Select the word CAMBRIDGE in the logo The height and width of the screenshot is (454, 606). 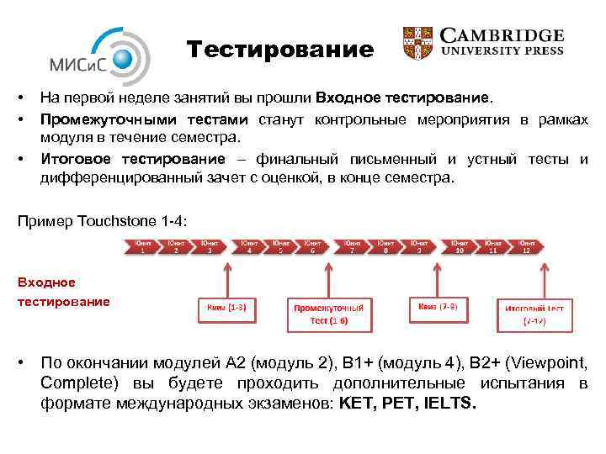point(503,36)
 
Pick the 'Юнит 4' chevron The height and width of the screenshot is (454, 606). point(249,246)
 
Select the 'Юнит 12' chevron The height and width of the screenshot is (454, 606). point(525,246)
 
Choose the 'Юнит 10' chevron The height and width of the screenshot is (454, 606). point(458,246)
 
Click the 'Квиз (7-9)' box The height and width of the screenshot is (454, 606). point(438,308)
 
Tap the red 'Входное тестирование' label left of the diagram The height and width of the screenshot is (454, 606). point(63,292)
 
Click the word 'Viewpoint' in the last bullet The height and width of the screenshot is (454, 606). point(545,363)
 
